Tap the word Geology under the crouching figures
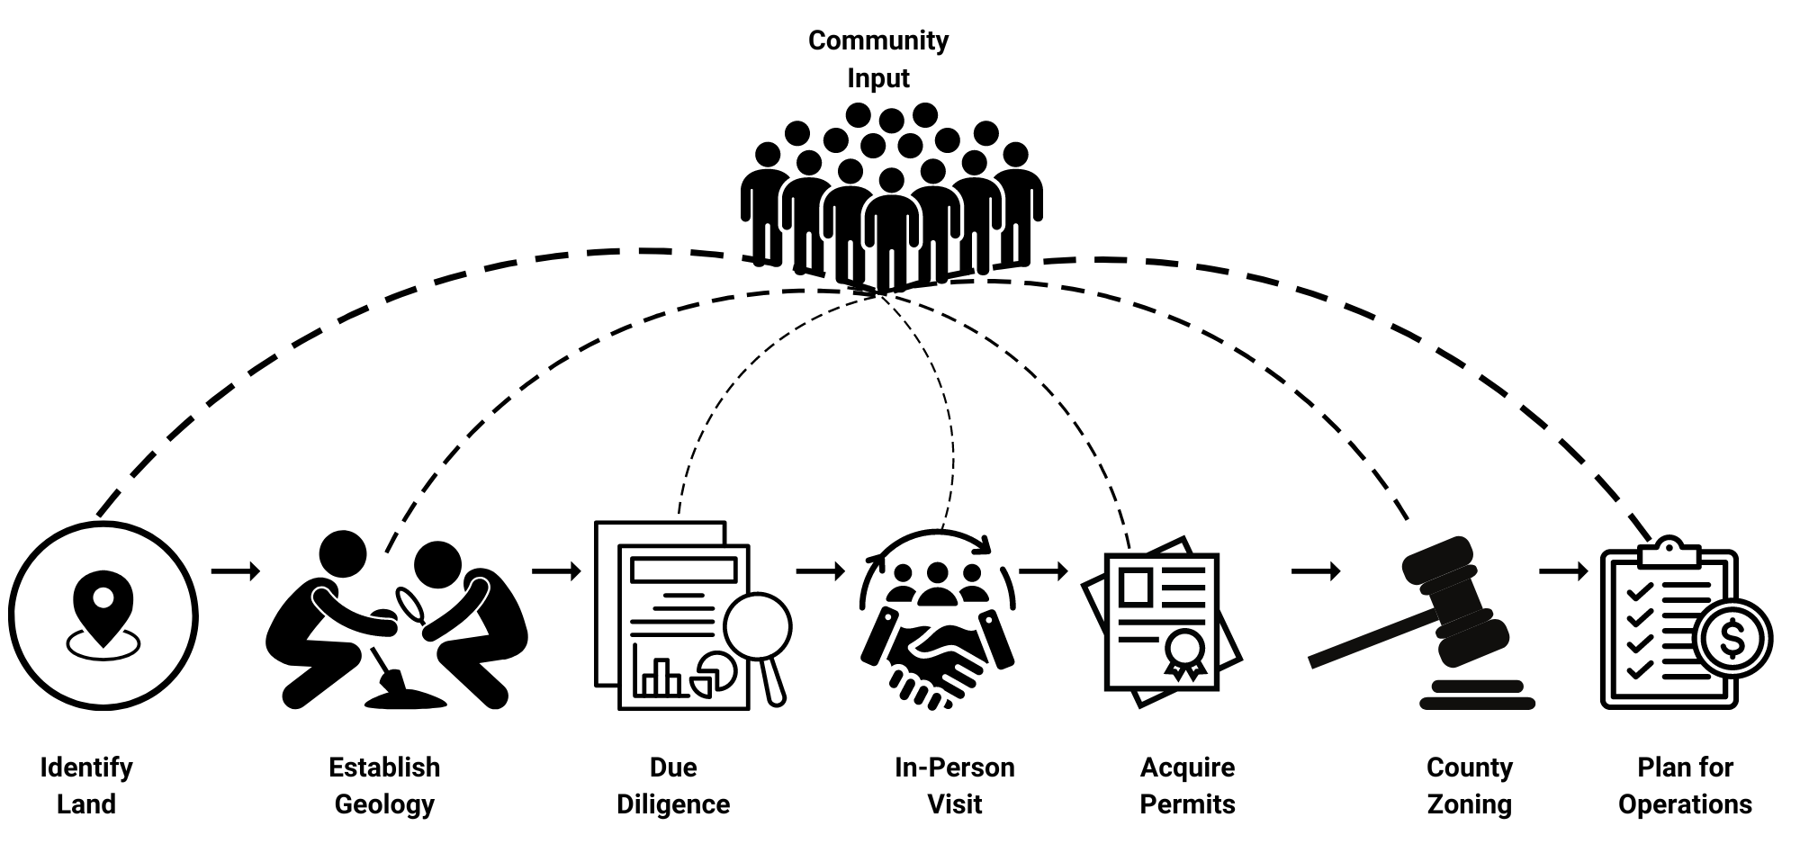[x=384, y=804]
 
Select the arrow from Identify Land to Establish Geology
[x=235, y=570]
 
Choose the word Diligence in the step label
[x=673, y=804]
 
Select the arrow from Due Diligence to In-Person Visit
[x=820, y=570]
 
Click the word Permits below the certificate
[x=1187, y=804]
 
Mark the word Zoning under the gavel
[x=1469, y=804]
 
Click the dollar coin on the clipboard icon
[x=1732, y=639]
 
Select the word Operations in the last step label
[x=1685, y=804]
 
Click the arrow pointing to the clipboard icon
[x=1563, y=570]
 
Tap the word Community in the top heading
[x=877, y=40]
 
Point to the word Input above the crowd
[x=877, y=78]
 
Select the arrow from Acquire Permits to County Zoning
[x=1315, y=570]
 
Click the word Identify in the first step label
[x=86, y=768]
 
